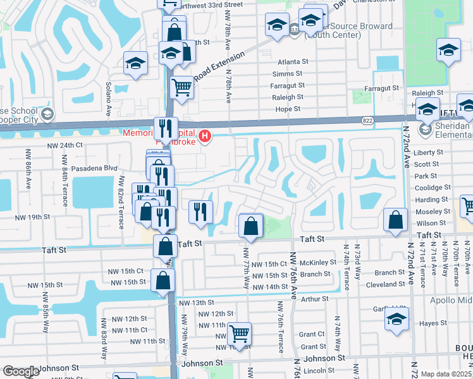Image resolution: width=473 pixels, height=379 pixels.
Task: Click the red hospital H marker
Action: [x=204, y=136]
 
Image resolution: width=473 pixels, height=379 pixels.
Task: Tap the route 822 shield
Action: [x=367, y=120]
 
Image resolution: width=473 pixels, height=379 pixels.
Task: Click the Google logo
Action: [x=20, y=372]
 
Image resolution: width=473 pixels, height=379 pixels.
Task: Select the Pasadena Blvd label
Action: [x=95, y=168]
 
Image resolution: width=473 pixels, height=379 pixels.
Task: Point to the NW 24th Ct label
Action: [x=65, y=145]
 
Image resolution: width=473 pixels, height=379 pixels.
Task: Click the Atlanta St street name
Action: [x=293, y=62]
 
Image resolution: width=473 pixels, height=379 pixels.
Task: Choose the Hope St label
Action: [x=288, y=109]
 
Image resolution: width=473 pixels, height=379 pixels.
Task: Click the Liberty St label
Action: [x=429, y=152]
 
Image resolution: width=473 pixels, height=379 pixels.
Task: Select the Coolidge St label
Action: [x=433, y=188]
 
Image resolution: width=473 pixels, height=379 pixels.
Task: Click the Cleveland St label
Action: [x=381, y=285]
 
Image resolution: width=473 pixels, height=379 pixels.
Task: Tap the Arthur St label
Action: [x=315, y=299]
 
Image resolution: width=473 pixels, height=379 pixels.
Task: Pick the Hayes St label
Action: [x=433, y=323]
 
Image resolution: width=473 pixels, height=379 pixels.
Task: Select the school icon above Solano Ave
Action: [x=135, y=63]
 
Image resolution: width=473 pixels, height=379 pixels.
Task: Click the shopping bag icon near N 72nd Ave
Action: [x=395, y=220]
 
